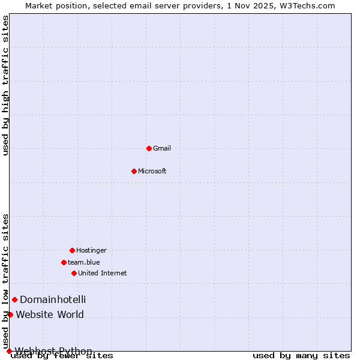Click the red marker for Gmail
point(149,148)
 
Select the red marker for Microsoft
point(134,171)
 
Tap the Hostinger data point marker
point(72,250)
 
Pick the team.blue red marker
point(64,262)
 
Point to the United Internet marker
point(74,273)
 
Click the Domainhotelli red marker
point(14,299)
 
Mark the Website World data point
point(10,314)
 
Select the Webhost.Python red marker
point(9,351)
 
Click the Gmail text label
point(162,148)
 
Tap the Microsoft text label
point(152,171)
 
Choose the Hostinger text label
point(91,250)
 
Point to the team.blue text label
point(84,262)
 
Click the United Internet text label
point(103,273)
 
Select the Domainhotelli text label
point(53,299)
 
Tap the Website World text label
point(50,314)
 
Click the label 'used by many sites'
point(301,356)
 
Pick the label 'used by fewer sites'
point(62,356)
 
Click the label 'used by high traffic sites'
point(6,85)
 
